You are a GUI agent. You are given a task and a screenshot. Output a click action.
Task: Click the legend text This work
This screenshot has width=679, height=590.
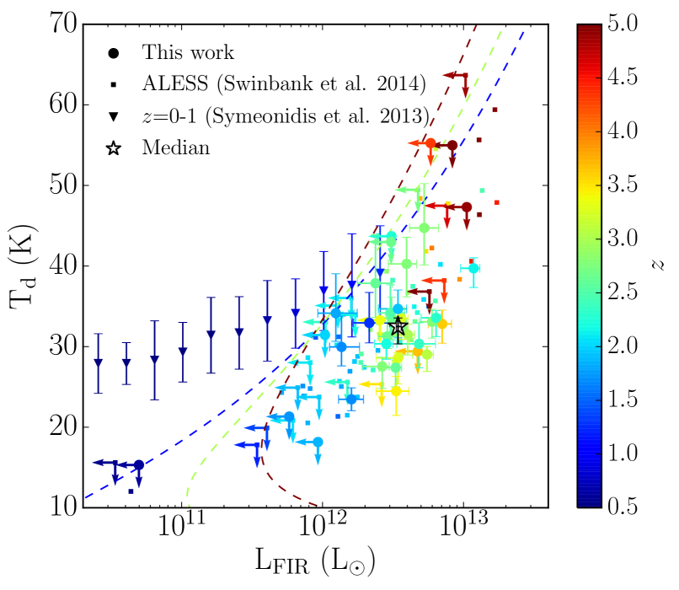click(188, 52)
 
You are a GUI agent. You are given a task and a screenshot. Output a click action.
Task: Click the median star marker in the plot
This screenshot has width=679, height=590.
click(399, 326)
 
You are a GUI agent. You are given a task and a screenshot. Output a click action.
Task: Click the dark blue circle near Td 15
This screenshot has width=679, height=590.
click(139, 465)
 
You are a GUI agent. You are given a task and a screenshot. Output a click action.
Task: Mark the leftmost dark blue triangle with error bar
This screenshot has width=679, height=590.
click(98, 363)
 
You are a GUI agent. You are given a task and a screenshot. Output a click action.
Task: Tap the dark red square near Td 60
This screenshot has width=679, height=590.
click(495, 110)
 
